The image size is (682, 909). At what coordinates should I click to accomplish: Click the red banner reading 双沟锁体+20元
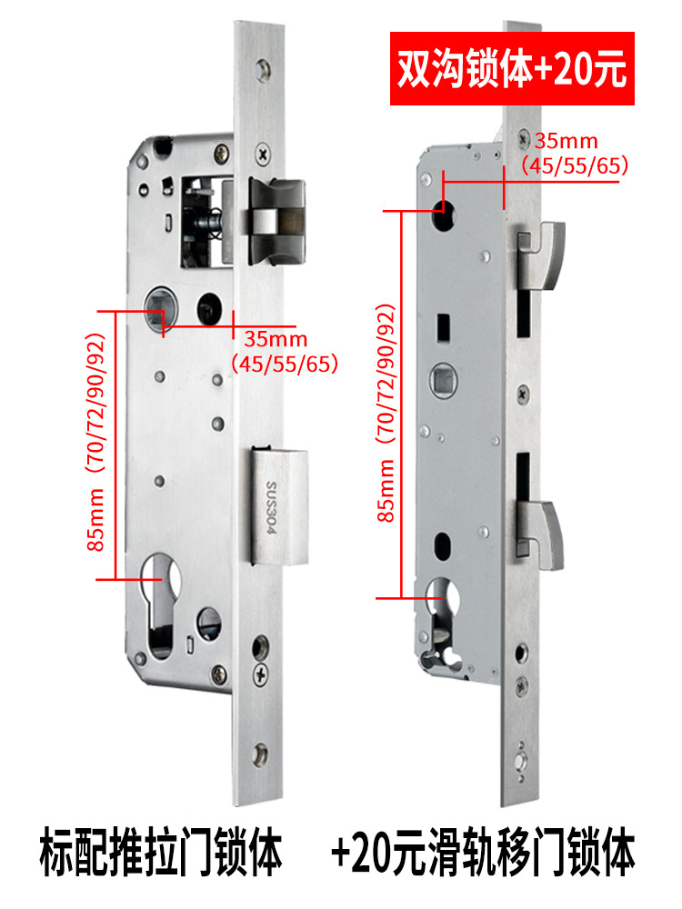(512, 68)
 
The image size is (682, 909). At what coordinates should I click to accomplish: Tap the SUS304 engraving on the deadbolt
(272, 507)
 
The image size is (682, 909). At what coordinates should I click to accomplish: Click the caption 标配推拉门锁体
(161, 853)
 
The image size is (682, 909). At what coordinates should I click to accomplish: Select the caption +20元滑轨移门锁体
(484, 853)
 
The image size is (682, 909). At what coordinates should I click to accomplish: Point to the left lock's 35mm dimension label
(276, 338)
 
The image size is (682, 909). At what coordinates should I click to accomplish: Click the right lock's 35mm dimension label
(566, 140)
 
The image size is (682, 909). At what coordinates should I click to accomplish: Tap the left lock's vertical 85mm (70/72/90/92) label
(96, 443)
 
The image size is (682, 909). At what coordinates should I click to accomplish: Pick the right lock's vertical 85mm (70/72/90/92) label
(386, 413)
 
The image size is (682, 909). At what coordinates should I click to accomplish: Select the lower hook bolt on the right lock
(540, 534)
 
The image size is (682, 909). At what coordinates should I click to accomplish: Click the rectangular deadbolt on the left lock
(279, 505)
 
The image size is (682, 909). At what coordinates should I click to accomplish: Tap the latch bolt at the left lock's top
(276, 222)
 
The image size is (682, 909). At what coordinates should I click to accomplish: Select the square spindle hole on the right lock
(444, 381)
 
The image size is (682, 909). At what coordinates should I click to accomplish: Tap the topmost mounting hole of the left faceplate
(263, 70)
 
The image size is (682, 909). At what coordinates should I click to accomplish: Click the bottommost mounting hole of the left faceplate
(260, 754)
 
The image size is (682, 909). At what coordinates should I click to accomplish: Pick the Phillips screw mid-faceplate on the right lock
(523, 394)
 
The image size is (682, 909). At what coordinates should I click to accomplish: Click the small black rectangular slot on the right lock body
(444, 327)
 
